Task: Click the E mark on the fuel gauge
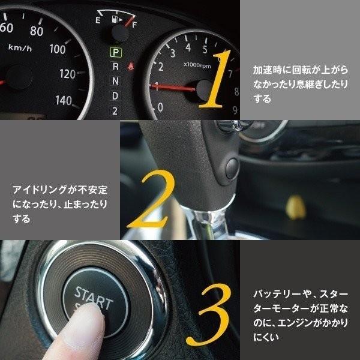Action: (97, 20)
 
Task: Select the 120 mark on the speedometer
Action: (68, 74)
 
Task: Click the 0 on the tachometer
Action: (160, 107)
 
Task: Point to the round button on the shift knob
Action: (231, 164)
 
